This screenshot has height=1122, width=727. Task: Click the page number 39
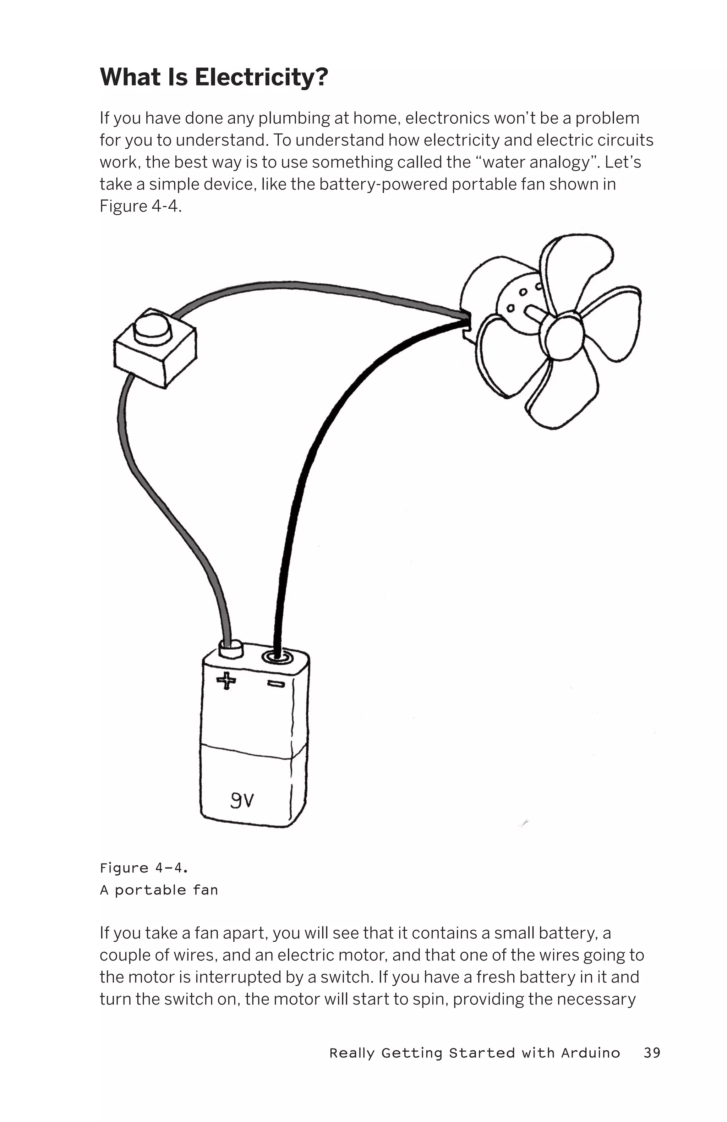pos(651,1053)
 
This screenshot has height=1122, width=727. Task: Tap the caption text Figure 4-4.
pos(144,868)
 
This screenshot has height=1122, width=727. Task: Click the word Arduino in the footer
pos(590,1053)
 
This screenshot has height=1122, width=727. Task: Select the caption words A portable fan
pos(159,890)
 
